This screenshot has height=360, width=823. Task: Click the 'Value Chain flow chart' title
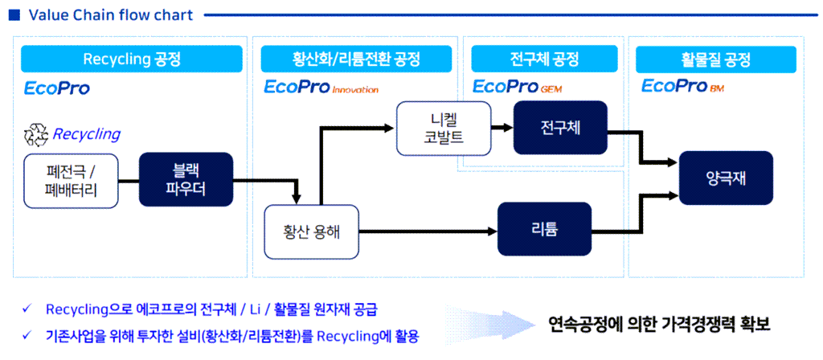[100, 14]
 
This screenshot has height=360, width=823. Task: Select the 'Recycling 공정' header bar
[132, 59]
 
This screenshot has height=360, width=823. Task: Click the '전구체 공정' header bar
[543, 59]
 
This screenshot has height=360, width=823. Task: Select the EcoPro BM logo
[683, 87]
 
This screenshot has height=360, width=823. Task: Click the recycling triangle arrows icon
[36, 134]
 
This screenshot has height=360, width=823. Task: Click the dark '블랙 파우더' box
[186, 179]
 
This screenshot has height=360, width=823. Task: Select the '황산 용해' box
[311, 232]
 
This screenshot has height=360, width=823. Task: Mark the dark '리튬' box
[544, 230]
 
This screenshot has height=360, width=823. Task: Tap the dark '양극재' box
[727, 178]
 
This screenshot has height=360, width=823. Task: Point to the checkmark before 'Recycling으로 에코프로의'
[27, 309]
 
